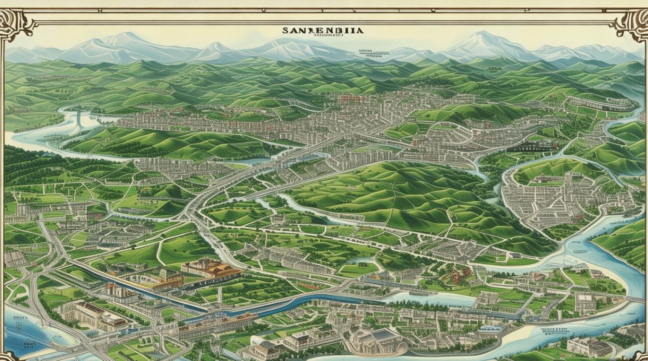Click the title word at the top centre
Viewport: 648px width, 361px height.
pos(323,30)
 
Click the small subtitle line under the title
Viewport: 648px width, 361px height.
pos(323,35)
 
